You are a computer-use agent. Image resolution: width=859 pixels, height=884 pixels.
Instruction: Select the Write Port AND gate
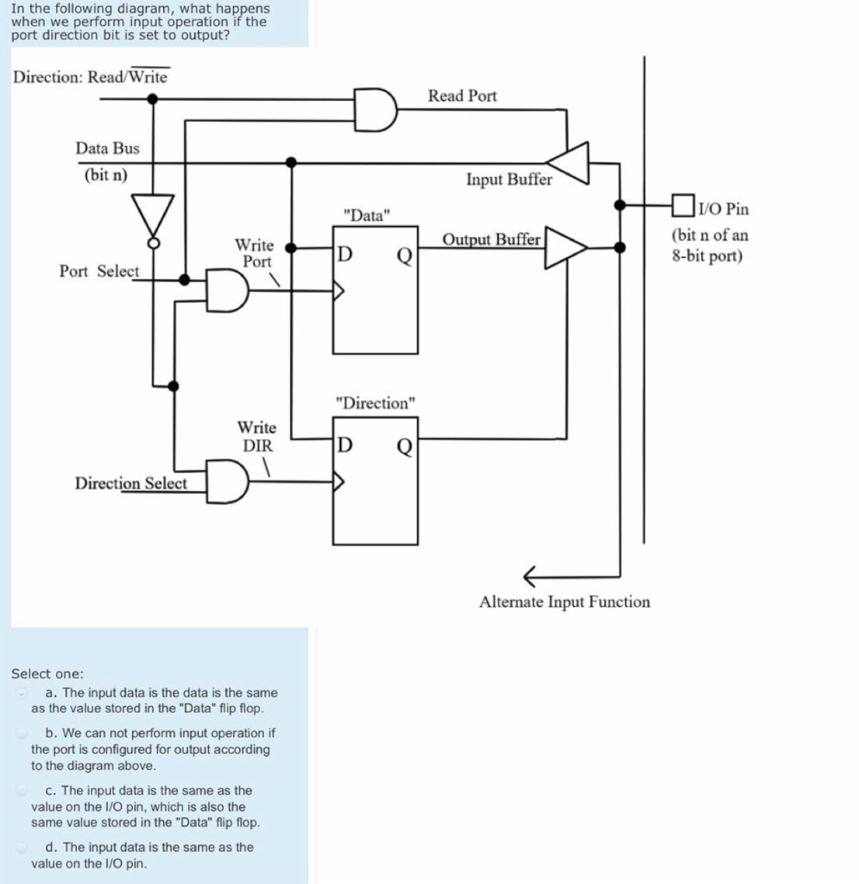coord(227,290)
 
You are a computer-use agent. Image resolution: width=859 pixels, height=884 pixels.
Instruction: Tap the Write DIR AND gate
coord(227,481)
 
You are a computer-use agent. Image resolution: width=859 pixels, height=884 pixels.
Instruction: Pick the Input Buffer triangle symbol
coord(571,162)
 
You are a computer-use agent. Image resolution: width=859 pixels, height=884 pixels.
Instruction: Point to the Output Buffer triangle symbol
coord(565,248)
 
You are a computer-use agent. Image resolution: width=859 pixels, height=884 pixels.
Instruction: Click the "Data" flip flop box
coord(376,290)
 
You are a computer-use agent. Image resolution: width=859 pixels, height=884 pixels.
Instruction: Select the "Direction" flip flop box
coord(376,481)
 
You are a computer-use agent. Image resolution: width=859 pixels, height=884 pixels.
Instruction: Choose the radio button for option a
coord(21,693)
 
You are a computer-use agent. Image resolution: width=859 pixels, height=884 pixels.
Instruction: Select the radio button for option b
coord(21,734)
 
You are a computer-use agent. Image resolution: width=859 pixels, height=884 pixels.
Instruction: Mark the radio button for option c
coord(21,791)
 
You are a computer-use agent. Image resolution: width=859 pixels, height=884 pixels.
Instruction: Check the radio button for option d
coord(21,848)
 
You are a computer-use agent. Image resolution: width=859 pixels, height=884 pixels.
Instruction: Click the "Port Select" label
coord(98,271)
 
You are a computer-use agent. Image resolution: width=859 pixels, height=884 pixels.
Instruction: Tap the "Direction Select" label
coord(130,483)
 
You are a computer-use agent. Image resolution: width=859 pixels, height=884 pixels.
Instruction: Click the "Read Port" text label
coord(463,96)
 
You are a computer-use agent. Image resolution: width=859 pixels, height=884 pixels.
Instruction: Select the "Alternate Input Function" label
coord(565,602)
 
